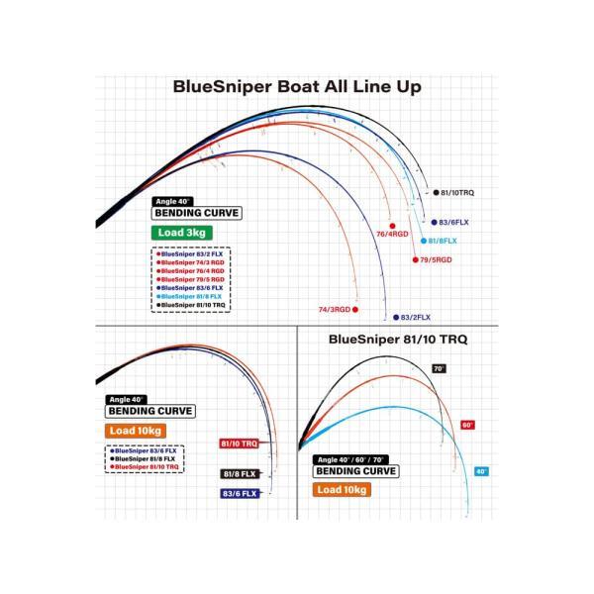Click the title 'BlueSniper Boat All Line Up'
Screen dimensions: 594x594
point(297,86)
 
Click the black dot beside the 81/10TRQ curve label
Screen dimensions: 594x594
point(425,192)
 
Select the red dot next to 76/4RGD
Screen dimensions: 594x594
point(392,225)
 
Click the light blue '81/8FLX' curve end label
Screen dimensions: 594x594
point(443,241)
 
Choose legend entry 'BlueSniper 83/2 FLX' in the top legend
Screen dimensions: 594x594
point(192,253)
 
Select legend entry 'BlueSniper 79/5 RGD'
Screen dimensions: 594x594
point(192,279)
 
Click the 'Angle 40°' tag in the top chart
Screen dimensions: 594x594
point(172,201)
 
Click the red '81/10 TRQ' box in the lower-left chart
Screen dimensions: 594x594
point(238,445)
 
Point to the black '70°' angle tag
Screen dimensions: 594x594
point(439,368)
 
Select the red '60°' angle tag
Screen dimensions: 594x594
point(467,425)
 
